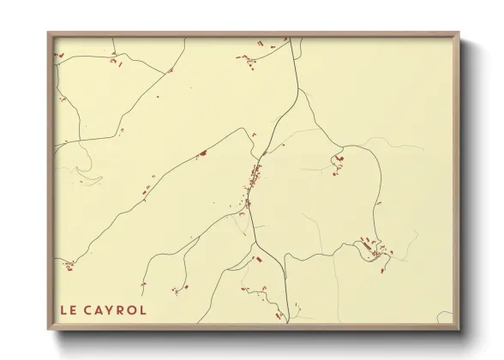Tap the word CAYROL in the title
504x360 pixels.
point(116,309)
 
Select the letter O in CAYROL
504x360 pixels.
point(132,309)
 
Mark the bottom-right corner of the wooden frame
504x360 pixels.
point(459,330)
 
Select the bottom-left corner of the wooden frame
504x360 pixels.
point(49,330)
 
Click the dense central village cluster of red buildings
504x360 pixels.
point(254,180)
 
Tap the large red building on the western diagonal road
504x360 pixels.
point(203,153)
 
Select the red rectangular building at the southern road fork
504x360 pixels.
point(255,257)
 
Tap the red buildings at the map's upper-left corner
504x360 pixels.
point(60,56)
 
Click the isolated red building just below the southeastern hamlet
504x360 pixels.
point(383,271)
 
